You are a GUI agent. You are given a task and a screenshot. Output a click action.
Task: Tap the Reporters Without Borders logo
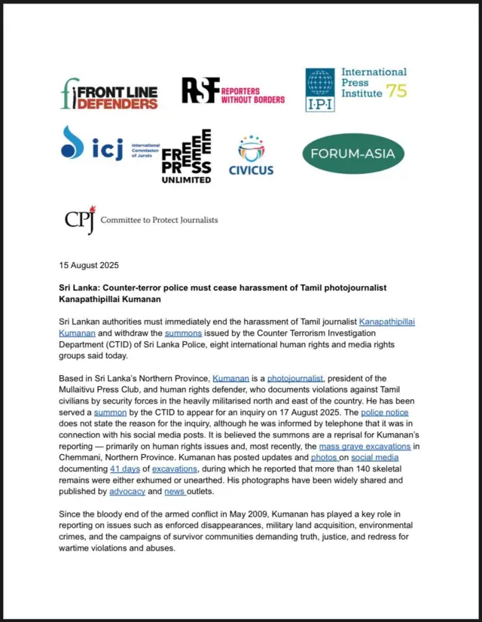(x=233, y=91)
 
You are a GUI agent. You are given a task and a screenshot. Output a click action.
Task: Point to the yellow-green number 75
(x=396, y=92)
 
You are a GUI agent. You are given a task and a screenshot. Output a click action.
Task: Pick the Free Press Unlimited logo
(x=187, y=157)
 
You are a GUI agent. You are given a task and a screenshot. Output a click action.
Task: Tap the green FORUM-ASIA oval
(x=353, y=154)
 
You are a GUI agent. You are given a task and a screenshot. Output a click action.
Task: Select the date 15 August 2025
(x=89, y=266)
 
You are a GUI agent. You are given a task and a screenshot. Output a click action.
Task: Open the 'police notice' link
(x=382, y=413)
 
